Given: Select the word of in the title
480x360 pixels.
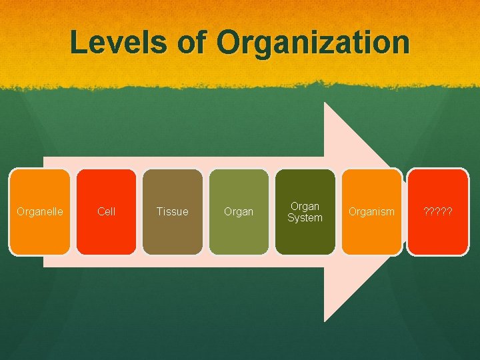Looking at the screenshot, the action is click(194, 42).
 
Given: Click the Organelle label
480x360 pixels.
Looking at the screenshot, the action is click(40, 212).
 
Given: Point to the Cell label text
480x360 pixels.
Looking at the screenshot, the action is click(106, 212).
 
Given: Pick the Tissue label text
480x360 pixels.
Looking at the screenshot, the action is click(172, 212).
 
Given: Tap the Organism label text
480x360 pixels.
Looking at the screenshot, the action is click(371, 212).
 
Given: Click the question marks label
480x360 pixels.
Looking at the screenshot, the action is click(438, 212).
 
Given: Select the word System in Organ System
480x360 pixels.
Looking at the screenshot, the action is click(305, 218).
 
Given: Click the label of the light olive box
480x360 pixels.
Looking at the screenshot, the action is click(239, 212).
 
